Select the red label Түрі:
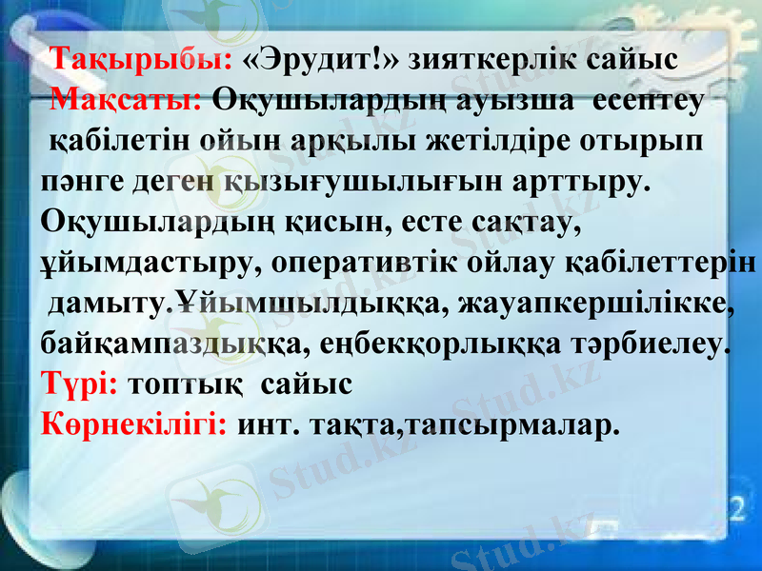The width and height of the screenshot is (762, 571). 80,384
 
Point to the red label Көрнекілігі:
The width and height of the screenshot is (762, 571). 134,424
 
